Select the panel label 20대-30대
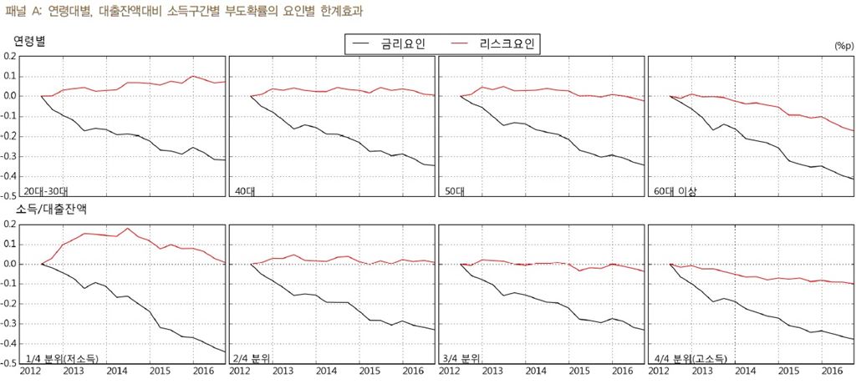48,190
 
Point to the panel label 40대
244,190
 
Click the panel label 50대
454,190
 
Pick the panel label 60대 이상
675,190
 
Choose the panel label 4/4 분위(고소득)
693,358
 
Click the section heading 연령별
29,41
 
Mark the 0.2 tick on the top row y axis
10,56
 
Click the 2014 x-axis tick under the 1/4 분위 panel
116,372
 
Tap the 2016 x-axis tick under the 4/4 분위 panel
833,372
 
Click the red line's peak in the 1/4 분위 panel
128,228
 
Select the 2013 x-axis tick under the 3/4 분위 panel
492,372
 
